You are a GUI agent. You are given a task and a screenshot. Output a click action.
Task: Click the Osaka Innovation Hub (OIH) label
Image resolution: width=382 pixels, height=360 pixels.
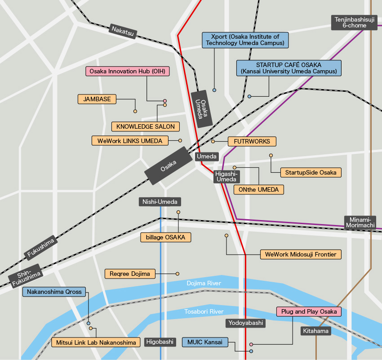tap(128, 71)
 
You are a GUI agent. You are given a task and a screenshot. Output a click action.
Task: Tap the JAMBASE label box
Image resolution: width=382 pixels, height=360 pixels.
tap(97, 99)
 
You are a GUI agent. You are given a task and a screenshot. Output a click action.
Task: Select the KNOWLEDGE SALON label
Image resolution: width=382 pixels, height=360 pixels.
tap(146, 126)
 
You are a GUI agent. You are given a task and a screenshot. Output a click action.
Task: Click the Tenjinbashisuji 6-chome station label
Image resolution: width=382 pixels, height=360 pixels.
tap(355, 22)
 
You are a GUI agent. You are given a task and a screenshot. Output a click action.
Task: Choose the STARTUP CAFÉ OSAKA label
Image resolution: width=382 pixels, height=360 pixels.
tap(289, 68)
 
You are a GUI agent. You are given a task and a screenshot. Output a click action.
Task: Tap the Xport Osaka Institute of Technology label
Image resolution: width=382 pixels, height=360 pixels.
tap(245, 40)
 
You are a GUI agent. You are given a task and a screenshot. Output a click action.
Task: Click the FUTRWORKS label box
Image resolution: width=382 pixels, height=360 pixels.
tap(252, 141)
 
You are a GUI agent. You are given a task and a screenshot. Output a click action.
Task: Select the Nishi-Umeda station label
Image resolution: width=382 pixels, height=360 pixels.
tap(160, 202)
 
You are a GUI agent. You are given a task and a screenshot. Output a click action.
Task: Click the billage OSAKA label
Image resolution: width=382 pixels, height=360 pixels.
tap(166, 237)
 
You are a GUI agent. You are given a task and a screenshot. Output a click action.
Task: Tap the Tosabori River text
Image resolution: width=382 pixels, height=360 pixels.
tap(204, 311)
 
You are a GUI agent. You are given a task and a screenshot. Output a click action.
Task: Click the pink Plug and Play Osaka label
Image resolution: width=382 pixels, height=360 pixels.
tap(309, 311)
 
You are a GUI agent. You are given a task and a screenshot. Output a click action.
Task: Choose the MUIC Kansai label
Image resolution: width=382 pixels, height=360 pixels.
tap(205, 342)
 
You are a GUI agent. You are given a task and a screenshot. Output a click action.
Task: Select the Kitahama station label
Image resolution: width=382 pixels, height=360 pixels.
tap(316, 331)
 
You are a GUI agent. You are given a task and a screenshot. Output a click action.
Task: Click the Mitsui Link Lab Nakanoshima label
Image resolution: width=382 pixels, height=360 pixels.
tap(95, 343)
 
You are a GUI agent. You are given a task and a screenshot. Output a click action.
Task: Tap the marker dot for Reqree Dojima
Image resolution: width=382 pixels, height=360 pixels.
tap(178, 274)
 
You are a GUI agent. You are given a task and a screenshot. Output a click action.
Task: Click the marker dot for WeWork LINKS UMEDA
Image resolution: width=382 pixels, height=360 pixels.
tap(180, 141)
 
